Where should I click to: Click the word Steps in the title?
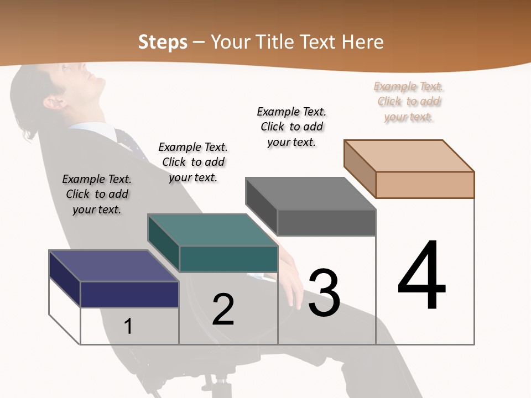click(163, 42)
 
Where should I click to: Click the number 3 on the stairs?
click(324, 293)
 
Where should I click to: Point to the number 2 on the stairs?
click(223, 309)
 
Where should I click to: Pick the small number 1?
click(128, 326)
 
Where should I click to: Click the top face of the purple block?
click(113, 266)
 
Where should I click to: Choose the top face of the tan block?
click(409, 156)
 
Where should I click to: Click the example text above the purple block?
click(97, 194)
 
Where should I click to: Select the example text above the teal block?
click(193, 162)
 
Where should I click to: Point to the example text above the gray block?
click(291, 127)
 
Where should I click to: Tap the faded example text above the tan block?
click(409, 101)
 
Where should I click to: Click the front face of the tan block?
click(425, 185)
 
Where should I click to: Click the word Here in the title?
click(362, 42)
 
